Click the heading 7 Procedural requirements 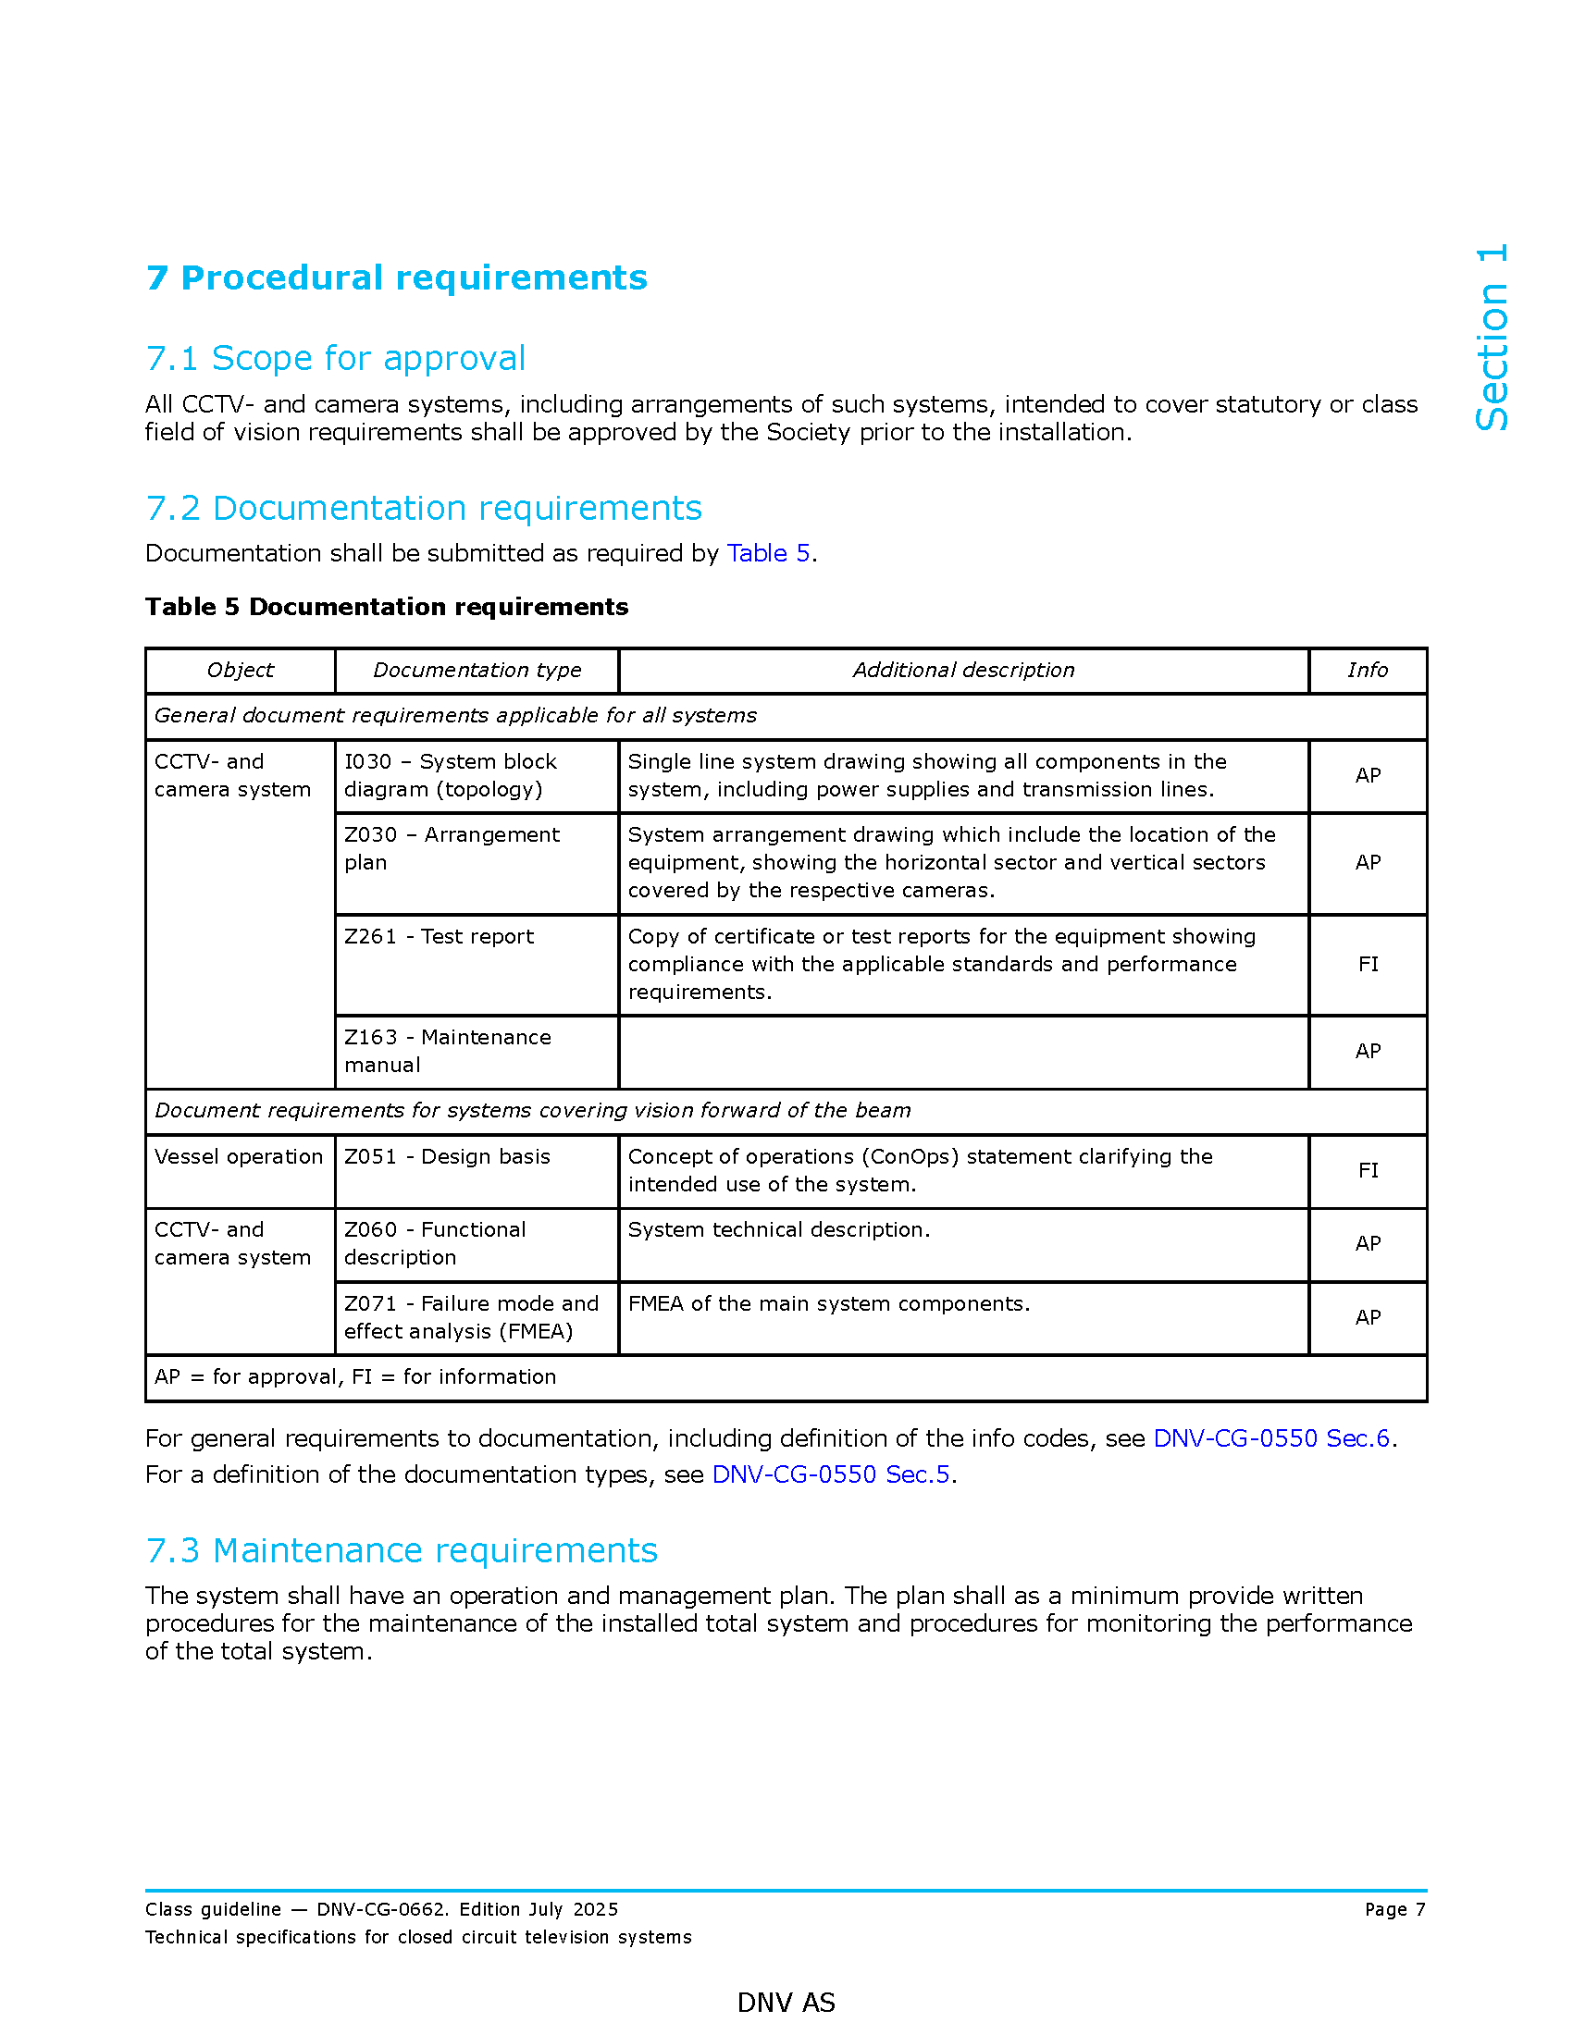(x=396, y=277)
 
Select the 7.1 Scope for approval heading (x=336, y=358)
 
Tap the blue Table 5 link (x=768, y=553)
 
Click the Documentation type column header (x=477, y=670)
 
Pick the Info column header (x=1367, y=670)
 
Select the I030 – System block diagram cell (x=450, y=775)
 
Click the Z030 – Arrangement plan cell (x=452, y=848)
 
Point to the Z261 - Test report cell (x=439, y=936)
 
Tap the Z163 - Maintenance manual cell (x=447, y=1051)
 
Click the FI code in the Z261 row (x=1367, y=965)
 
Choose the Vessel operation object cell (x=239, y=1156)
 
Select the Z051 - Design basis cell (x=447, y=1156)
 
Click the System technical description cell (x=779, y=1230)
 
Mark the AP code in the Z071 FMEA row (x=1367, y=1317)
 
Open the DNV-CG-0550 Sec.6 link (x=1271, y=1438)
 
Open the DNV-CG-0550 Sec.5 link (x=830, y=1475)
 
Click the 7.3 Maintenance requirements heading (x=402, y=1550)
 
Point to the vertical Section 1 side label (x=1491, y=338)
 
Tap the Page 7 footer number (x=1394, y=1910)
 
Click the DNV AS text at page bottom (x=786, y=2003)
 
